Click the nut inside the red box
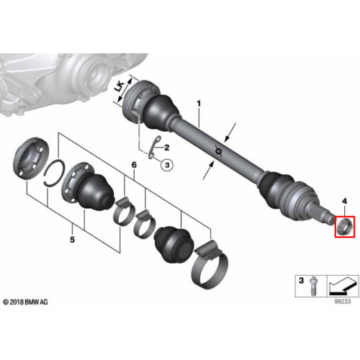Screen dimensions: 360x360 tap(344, 226)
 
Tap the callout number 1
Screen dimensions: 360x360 tap(199, 104)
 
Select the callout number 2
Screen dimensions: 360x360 tap(166, 148)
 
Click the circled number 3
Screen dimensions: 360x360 tap(167, 165)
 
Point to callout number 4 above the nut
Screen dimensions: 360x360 tap(344, 201)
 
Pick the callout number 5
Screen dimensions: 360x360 tap(72, 239)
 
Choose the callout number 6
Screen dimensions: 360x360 tap(134, 165)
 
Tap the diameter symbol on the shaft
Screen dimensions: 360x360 tap(219, 151)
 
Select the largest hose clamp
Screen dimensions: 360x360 tap(210, 264)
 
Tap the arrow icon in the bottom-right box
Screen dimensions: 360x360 tap(342, 287)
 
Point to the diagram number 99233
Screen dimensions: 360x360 tap(343, 302)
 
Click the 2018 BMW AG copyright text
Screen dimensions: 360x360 tap(25, 302)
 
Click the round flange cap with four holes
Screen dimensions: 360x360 tap(31, 158)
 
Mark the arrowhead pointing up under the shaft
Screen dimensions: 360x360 tap(212, 165)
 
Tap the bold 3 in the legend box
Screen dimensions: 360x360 tap(301, 280)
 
